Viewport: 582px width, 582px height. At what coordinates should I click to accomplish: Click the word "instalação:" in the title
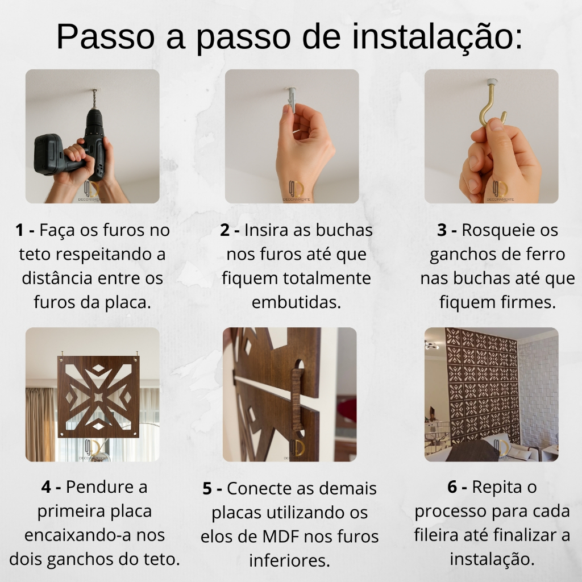[x=437, y=36]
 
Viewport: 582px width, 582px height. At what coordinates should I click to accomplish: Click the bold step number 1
[x=20, y=230]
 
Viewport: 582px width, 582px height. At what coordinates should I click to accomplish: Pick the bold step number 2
[x=225, y=230]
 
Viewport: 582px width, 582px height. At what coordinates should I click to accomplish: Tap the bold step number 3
[x=442, y=230]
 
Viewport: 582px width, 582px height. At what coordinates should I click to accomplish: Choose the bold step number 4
[x=46, y=487]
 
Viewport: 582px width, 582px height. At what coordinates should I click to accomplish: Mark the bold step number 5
[x=207, y=488]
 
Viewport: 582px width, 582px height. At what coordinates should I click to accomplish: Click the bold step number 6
[x=452, y=487]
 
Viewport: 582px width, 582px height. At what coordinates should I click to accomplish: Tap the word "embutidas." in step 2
[x=296, y=302]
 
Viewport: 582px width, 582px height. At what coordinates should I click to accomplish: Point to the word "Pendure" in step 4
[x=92, y=487]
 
